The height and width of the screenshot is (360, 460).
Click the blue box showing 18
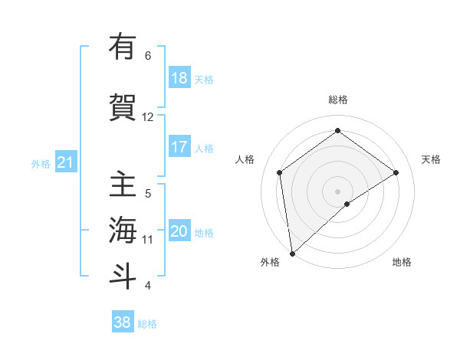pyautogui.click(x=179, y=78)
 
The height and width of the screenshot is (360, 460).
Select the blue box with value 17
pyautogui.click(x=179, y=147)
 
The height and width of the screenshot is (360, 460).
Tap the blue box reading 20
pyautogui.click(x=179, y=231)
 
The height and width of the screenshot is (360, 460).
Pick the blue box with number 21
pyautogui.click(x=65, y=162)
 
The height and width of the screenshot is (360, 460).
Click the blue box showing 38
pyautogui.click(x=123, y=322)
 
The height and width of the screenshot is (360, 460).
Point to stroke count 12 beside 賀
pyautogui.click(x=148, y=117)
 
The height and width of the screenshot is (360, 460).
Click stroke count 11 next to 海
pyautogui.click(x=148, y=239)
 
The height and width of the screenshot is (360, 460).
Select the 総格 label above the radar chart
pyautogui.click(x=338, y=100)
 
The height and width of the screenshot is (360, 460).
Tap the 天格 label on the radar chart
pyautogui.click(x=432, y=159)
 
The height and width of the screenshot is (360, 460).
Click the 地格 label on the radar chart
pyautogui.click(x=402, y=262)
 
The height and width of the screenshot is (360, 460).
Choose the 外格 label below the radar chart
pyautogui.click(x=270, y=262)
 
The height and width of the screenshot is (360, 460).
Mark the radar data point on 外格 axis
pyautogui.click(x=291, y=254)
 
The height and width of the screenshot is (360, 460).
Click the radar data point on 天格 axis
pyautogui.click(x=396, y=172)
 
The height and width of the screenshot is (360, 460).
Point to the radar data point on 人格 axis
pyautogui.click(x=280, y=172)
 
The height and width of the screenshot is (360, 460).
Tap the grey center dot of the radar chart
pyautogui.click(x=338, y=191)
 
